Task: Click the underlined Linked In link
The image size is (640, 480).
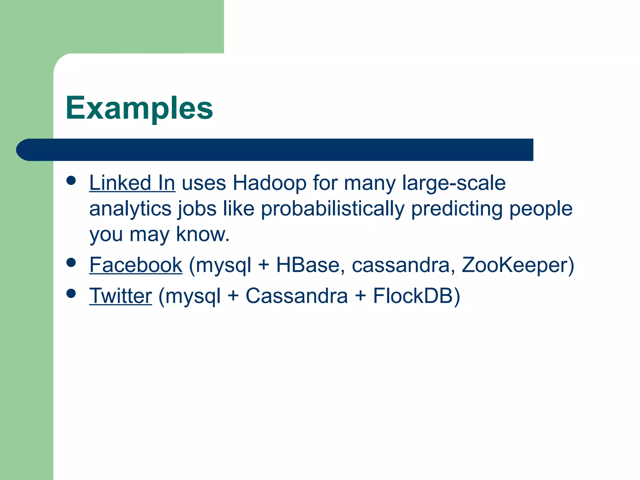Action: coord(132,183)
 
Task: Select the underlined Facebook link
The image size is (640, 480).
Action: coord(136,265)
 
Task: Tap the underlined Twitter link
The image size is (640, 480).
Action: coord(121,296)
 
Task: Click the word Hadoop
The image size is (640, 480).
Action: coord(269,183)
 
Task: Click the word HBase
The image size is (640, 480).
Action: coord(308,265)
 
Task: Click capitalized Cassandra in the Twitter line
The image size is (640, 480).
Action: coord(297,296)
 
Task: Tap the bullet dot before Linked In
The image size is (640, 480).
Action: coord(71,181)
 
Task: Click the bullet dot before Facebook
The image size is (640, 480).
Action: coord(71,262)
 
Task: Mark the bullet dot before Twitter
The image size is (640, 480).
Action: coord(71,293)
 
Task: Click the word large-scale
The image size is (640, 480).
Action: coord(453,183)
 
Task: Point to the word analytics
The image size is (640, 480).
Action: coord(130,209)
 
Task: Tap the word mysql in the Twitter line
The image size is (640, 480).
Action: coord(193,296)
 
